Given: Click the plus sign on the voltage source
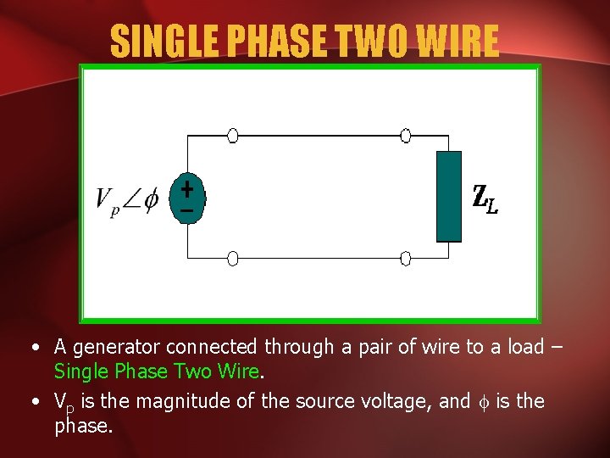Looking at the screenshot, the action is click(186, 187).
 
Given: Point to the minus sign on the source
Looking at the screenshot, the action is click(186, 209).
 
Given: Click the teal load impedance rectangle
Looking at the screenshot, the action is click(449, 197).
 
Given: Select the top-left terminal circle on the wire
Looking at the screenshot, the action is click(232, 136).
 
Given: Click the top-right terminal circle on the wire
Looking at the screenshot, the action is click(406, 136).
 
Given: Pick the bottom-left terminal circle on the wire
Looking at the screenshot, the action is click(232, 258).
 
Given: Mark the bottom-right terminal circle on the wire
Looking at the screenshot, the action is click(406, 258).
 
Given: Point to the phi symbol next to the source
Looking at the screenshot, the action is click(151, 200).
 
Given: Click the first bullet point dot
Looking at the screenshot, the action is click(32, 347).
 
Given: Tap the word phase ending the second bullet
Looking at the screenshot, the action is click(83, 427).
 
